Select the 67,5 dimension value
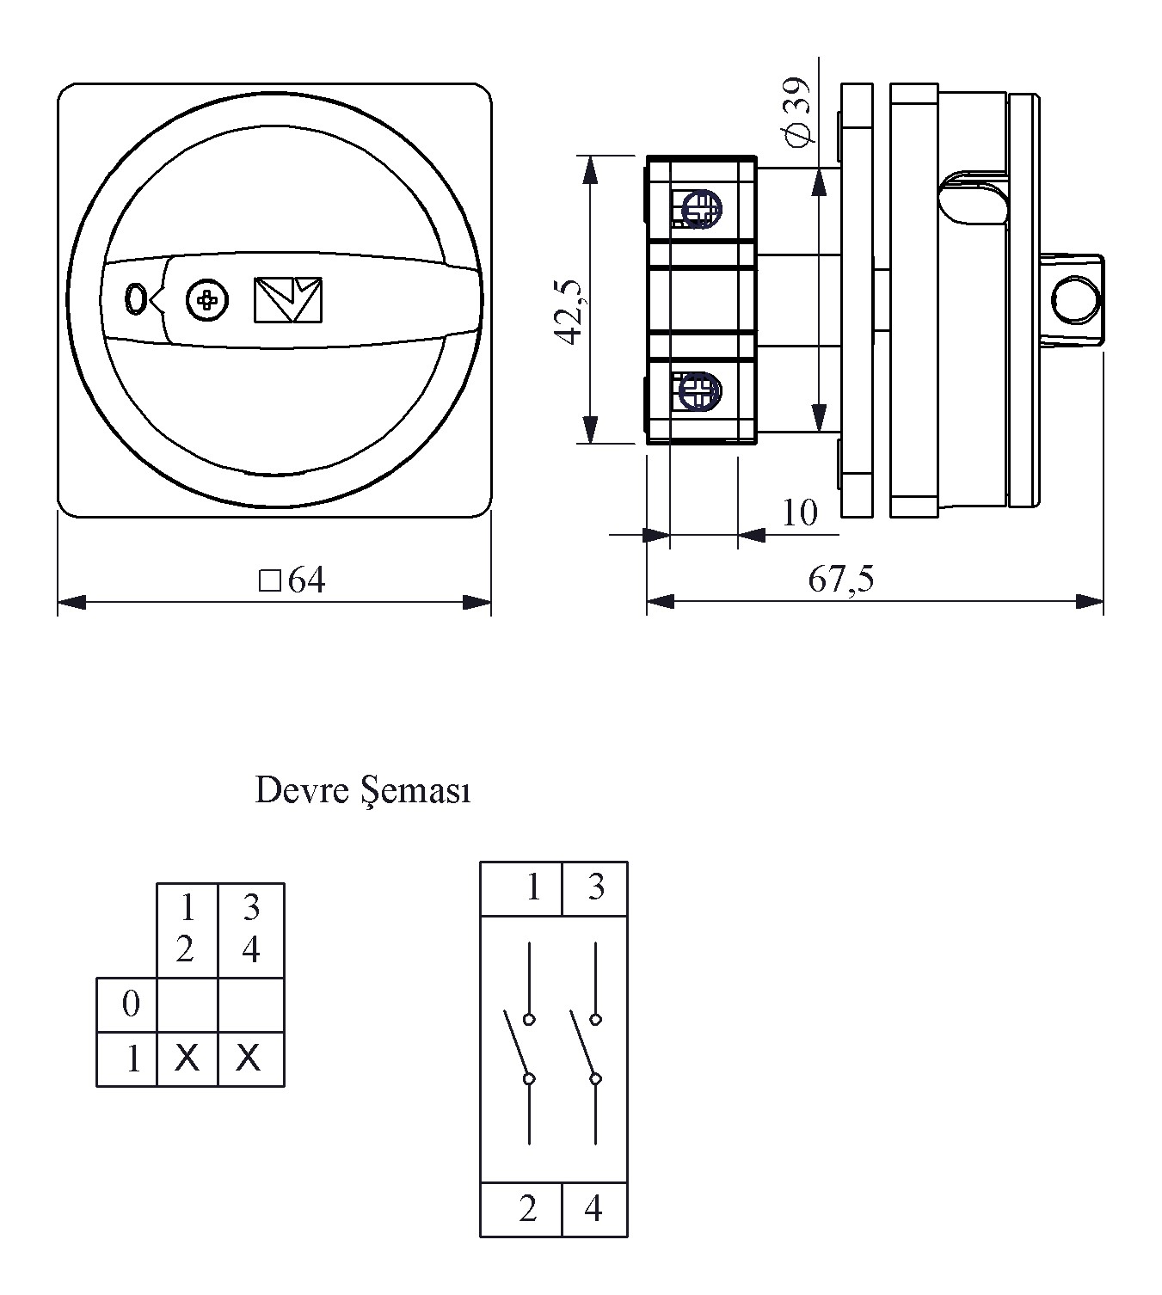[840, 580]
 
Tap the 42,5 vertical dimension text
[572, 313]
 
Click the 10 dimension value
[799, 513]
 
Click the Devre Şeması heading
[362, 790]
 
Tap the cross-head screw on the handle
[207, 299]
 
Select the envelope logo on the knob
[288, 299]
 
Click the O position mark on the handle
[135, 299]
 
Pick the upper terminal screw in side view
[701, 209]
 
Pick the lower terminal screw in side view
[698, 392]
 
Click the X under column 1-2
[187, 1058]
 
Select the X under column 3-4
[249, 1058]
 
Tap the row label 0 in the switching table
[131, 1003]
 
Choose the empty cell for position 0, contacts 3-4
[250, 1003]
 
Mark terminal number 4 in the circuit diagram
[593, 1209]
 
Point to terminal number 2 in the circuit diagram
[528, 1209]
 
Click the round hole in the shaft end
[1075, 298]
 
